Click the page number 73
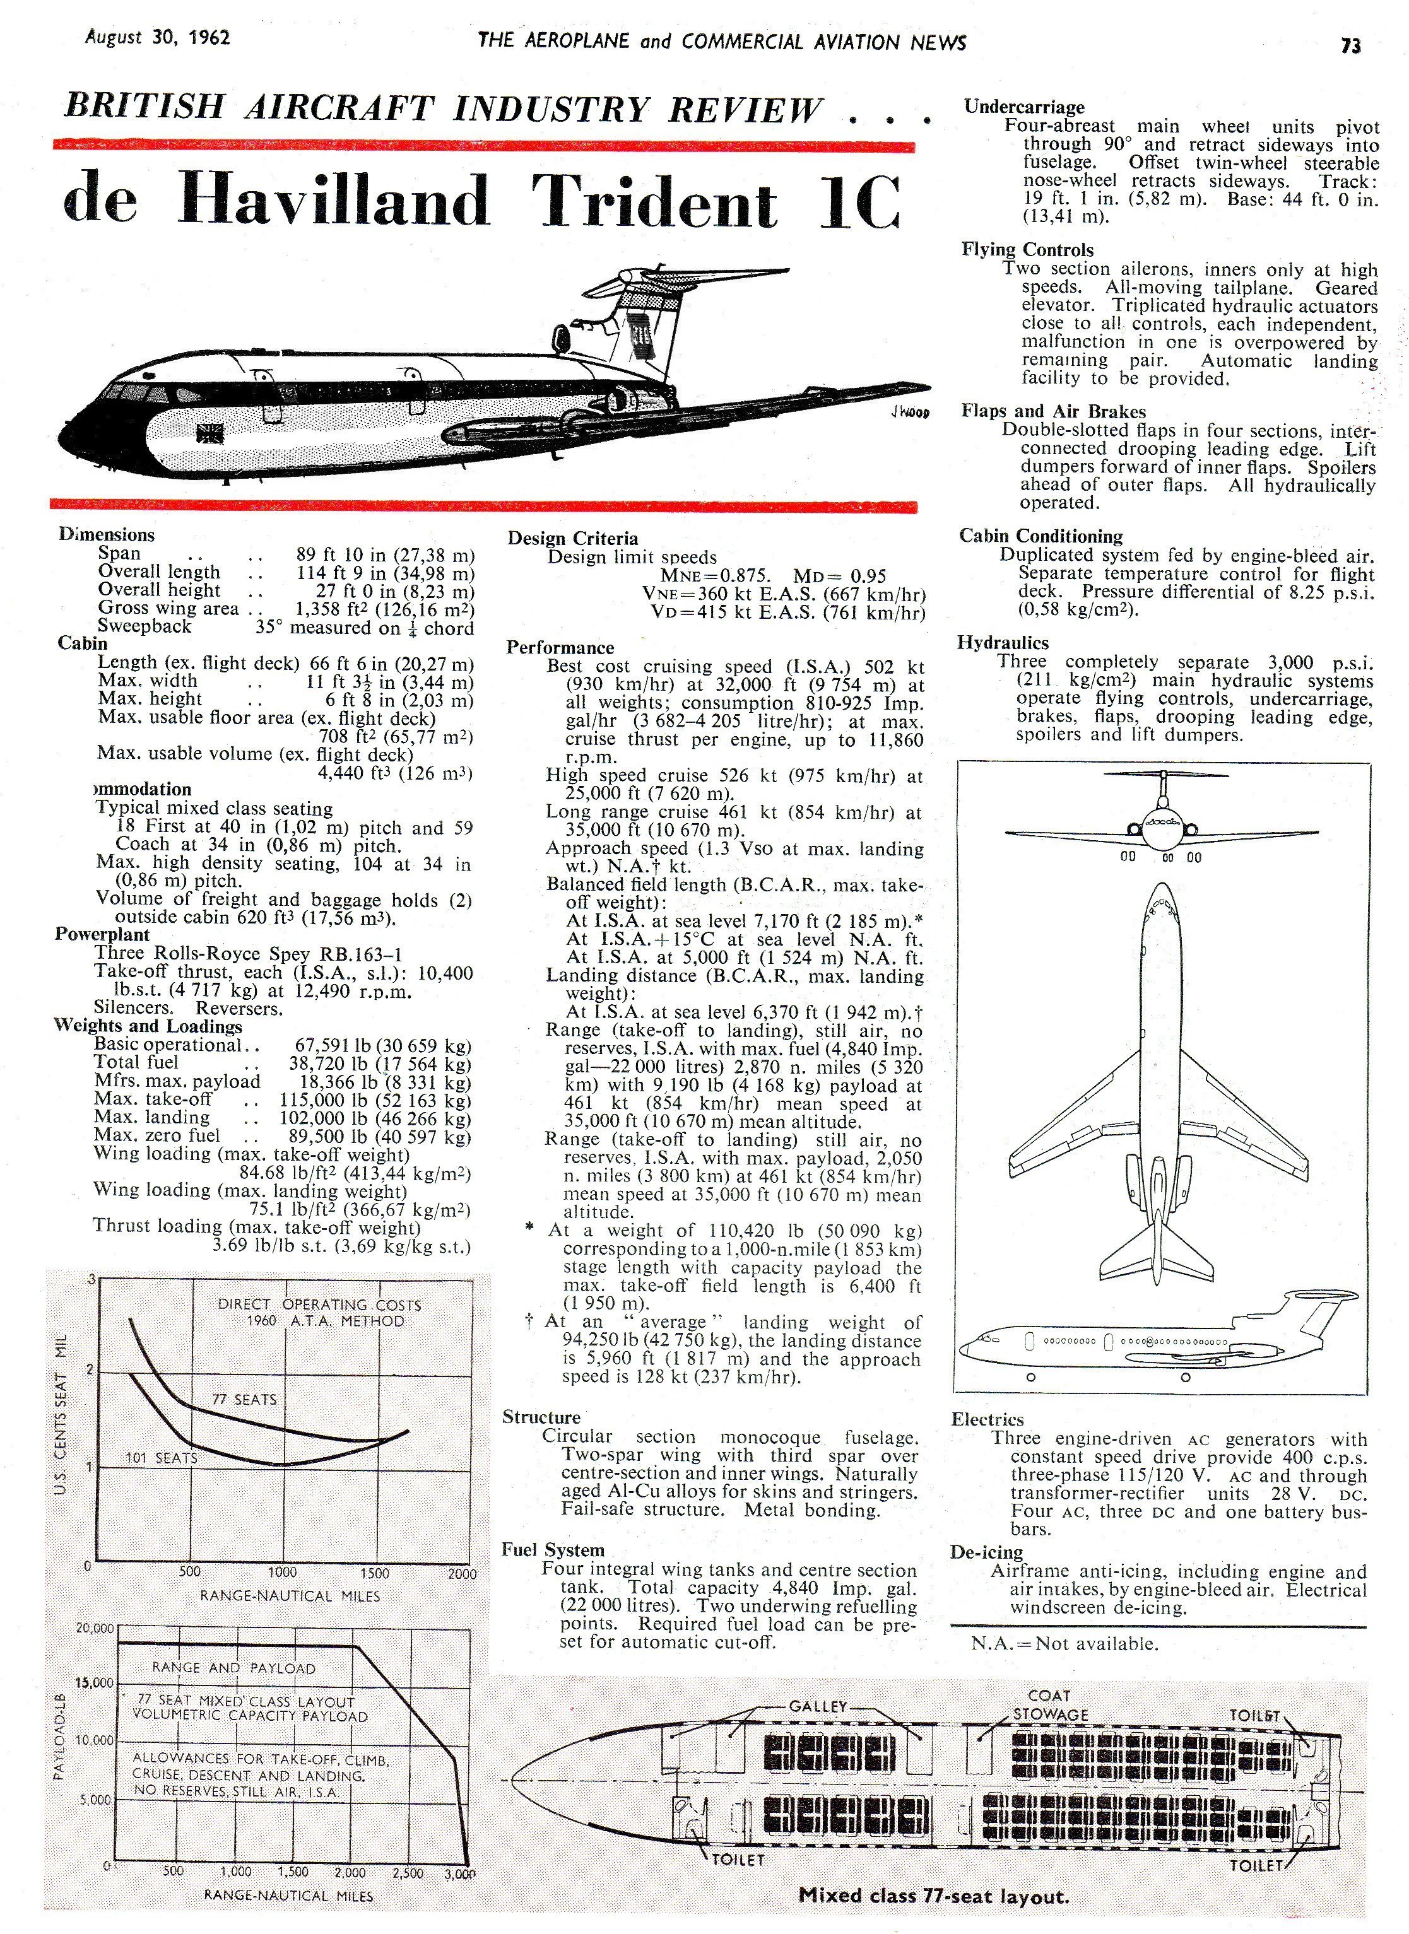click(1350, 46)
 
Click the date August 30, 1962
click(157, 38)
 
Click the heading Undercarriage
click(1024, 107)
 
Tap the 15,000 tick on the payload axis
click(94, 1684)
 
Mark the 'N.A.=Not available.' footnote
click(1064, 1643)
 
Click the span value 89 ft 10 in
click(343, 553)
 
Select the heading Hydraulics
click(1003, 643)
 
